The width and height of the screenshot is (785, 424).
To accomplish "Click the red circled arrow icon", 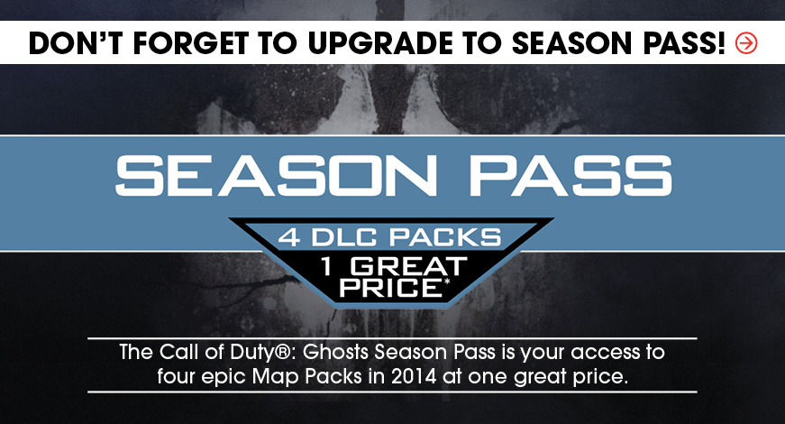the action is [746, 43].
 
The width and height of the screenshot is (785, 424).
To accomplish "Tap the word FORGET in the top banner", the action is [191, 43].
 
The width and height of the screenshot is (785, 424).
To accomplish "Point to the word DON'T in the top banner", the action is [76, 43].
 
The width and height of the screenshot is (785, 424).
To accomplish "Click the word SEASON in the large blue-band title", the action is [277, 175].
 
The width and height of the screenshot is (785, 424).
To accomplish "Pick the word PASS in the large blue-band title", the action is [570, 175].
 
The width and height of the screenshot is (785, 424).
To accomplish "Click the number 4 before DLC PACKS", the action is [289, 236].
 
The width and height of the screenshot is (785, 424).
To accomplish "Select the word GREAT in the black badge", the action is [408, 267].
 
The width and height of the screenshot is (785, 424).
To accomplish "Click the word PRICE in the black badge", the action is [389, 288].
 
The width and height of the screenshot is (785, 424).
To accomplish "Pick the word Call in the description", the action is [177, 352].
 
